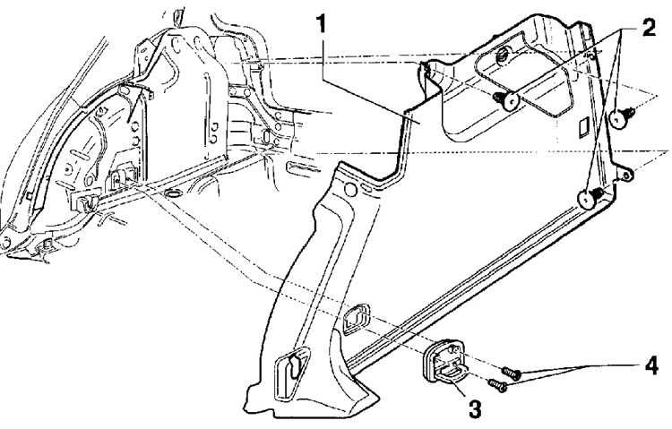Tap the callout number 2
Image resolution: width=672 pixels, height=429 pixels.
point(649,28)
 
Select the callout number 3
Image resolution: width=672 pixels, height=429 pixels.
point(474,408)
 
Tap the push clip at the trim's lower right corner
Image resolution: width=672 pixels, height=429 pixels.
point(590,198)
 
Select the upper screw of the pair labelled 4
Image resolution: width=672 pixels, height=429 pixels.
point(511,373)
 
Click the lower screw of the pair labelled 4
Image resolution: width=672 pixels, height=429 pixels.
point(498,386)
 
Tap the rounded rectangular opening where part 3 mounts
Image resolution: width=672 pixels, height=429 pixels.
point(357,319)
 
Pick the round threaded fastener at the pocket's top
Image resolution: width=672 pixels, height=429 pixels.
point(502,56)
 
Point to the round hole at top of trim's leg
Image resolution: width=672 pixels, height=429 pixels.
point(350,189)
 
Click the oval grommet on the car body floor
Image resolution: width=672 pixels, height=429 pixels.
point(172,193)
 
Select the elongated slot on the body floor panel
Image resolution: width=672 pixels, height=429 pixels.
point(303,167)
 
